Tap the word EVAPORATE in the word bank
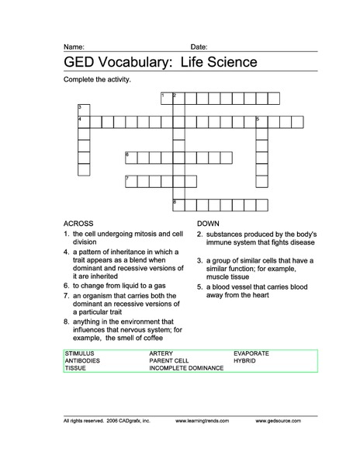click(251, 353)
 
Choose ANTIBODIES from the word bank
click(82, 360)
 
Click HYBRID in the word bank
click(245, 360)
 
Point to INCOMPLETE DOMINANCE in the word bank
click(186, 368)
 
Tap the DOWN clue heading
click(209, 223)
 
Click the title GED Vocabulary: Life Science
click(160, 62)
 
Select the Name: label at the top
click(74, 47)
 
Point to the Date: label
click(199, 47)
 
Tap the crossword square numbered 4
click(83, 122)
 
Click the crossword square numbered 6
click(130, 158)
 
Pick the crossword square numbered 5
click(261, 122)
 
